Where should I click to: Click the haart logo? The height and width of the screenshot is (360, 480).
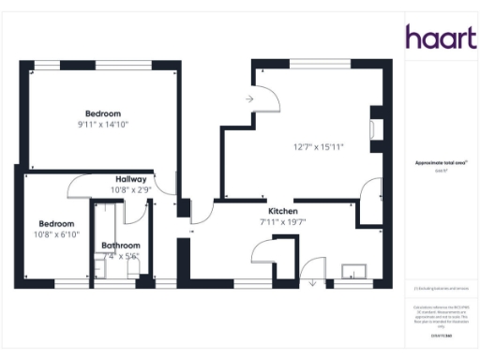(437, 37)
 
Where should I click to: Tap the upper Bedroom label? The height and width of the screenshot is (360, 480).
(103, 113)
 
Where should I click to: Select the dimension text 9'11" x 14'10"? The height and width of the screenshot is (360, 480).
(103, 125)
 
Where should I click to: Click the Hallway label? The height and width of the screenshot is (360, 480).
(131, 179)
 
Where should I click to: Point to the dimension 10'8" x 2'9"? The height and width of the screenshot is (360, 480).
(131, 189)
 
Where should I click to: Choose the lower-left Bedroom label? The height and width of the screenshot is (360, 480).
(56, 223)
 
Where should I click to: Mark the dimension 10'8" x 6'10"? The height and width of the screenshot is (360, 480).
(57, 234)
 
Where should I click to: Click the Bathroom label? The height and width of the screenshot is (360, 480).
(120, 246)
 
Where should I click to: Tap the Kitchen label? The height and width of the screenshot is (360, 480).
(283, 212)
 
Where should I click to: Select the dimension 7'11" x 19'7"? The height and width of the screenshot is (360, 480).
(283, 222)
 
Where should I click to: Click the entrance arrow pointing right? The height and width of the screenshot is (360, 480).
(250, 97)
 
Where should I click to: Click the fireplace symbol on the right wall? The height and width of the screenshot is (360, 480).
(376, 128)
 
